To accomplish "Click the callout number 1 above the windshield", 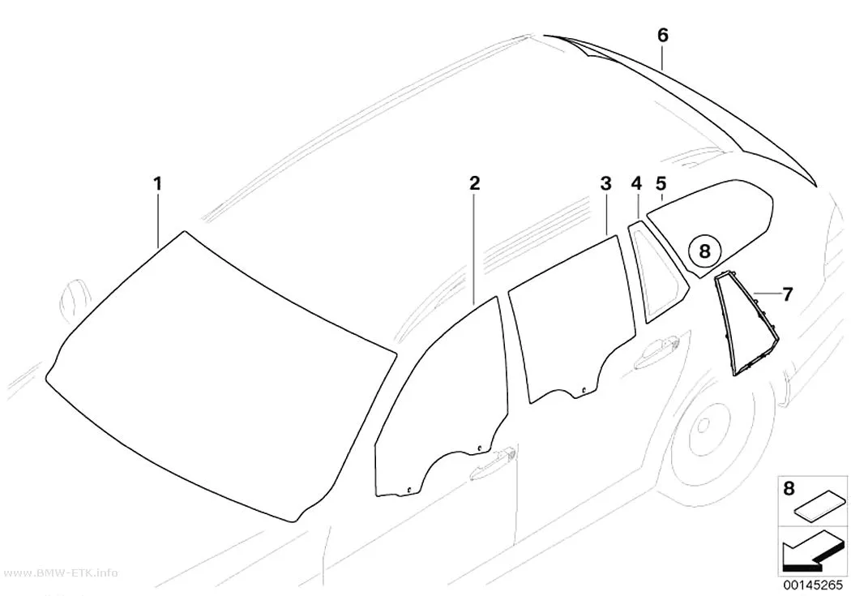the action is click(x=157, y=184).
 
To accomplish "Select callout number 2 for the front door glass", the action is click(x=475, y=183).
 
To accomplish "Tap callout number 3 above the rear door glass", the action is click(x=605, y=183).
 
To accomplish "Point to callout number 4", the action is click(x=636, y=183).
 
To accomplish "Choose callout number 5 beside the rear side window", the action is click(x=661, y=183).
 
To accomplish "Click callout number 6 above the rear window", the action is click(x=663, y=36).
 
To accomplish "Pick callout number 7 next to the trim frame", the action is click(x=787, y=294).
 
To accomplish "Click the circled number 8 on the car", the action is click(x=704, y=251).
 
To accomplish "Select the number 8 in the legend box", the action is click(x=789, y=488).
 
